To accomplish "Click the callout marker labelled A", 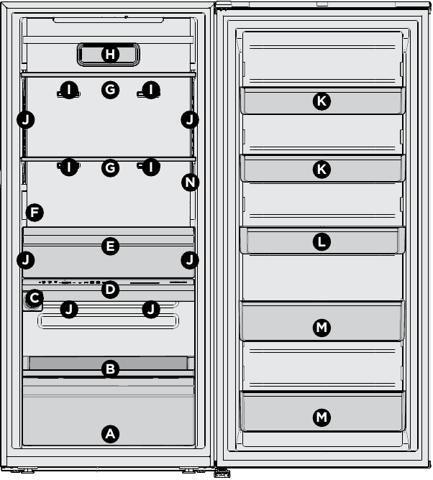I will coord(109,433).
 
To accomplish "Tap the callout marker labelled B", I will coord(109,369).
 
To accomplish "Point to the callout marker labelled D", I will coord(109,290).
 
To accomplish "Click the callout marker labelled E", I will coord(109,246).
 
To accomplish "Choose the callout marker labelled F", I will coord(33,213).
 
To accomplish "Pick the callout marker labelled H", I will coord(109,54).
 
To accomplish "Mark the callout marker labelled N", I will coord(190,183).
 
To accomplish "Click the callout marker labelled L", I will coord(322,242).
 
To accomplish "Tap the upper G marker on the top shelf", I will coord(109,90).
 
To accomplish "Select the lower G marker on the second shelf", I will coord(109,168).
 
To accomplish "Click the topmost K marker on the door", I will coord(322,101).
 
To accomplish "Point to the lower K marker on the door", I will coord(322,170).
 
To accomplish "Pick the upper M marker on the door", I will coord(322,328).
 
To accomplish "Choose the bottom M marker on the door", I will coord(322,417).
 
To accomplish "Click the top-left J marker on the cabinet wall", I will coord(26,119).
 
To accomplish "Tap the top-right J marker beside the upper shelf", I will coord(190,119).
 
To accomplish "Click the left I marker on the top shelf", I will coord(68,90).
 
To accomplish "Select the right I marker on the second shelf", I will coord(150,168).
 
